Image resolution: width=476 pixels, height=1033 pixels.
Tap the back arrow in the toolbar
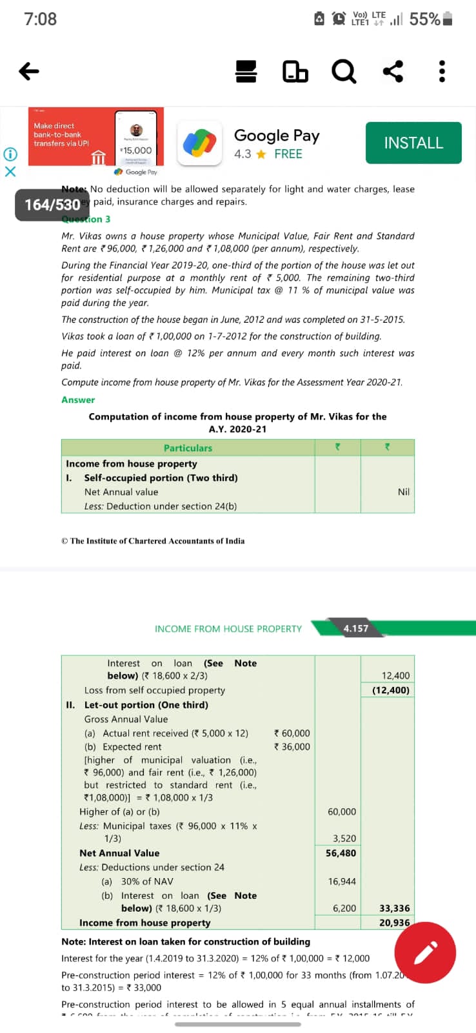click(29, 71)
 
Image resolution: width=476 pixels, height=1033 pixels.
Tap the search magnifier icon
click(343, 71)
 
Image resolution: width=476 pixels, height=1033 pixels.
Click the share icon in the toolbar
click(393, 71)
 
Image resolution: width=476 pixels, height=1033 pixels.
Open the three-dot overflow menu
click(442, 71)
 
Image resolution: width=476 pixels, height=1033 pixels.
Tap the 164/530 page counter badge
click(52, 205)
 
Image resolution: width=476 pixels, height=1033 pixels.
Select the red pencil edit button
click(425, 952)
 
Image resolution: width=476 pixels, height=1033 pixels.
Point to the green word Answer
click(78, 400)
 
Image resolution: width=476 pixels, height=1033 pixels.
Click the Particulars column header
click(188, 448)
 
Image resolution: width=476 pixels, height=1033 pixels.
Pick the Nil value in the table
click(404, 492)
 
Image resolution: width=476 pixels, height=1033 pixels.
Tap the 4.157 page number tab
click(356, 628)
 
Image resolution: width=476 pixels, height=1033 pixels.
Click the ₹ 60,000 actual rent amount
click(292, 733)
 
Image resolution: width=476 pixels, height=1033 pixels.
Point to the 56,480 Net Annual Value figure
click(341, 853)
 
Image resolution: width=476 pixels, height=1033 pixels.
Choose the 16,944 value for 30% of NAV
click(342, 881)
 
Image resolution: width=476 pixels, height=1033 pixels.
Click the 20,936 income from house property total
click(394, 923)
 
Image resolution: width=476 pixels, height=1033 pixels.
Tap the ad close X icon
click(10, 172)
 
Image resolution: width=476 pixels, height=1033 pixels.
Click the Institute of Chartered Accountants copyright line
click(153, 541)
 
